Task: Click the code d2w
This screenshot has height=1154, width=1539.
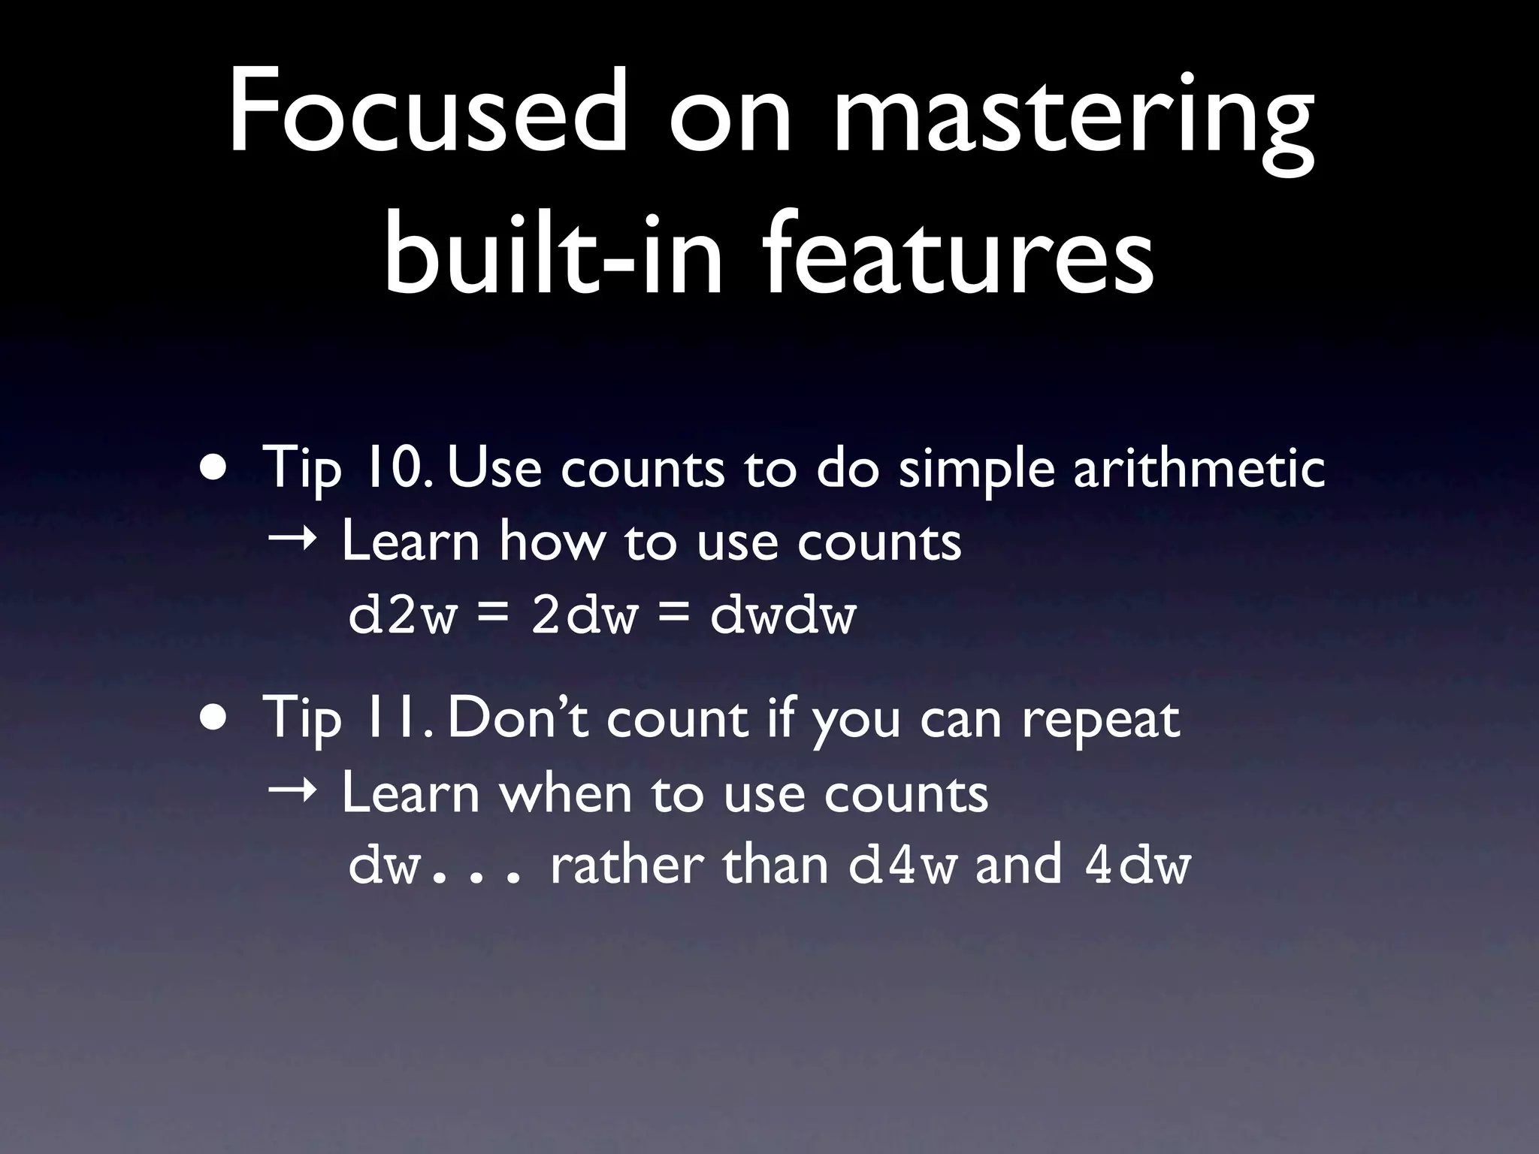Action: pos(402,616)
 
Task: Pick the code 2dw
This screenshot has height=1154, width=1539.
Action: pos(584,616)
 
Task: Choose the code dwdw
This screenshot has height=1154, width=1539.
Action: pos(783,616)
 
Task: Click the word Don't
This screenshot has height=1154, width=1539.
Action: pos(519,718)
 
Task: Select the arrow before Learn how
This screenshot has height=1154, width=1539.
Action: pos(292,539)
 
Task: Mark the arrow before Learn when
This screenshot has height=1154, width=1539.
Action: pos(292,792)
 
